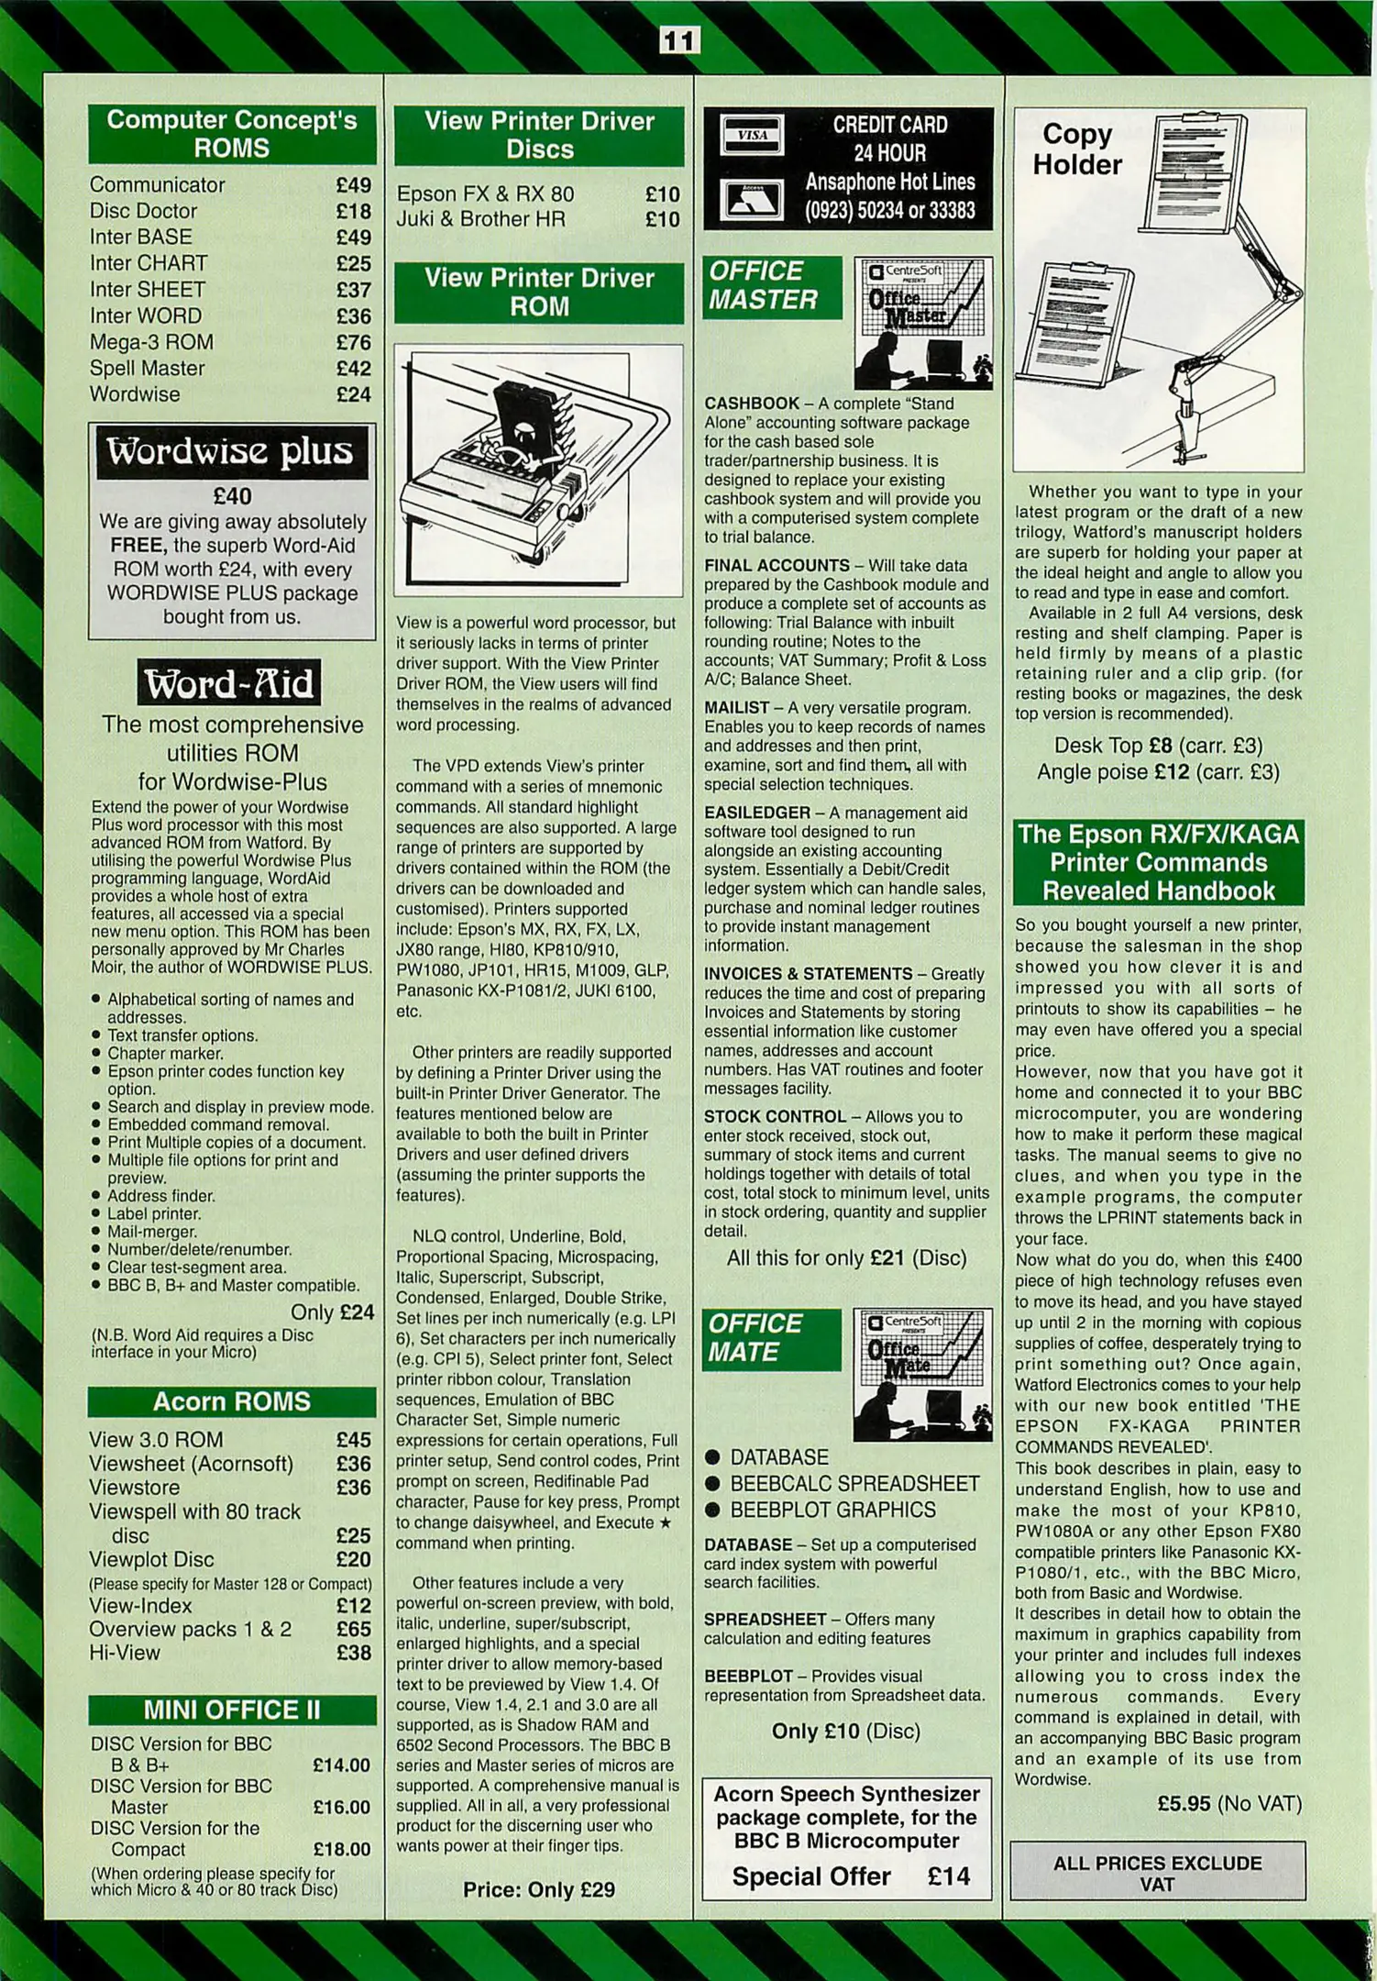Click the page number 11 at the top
[679, 41]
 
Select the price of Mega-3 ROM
[353, 343]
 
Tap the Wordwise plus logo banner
[231, 452]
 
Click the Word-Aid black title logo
[229, 683]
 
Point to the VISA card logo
[752, 136]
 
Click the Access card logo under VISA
[752, 197]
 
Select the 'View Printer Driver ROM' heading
[539, 293]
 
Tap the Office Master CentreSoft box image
[923, 323]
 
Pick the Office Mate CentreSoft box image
[923, 1375]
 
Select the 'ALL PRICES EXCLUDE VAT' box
[1158, 1874]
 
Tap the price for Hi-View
[353, 1653]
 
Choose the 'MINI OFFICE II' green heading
[232, 1710]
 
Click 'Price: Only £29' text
[539, 1889]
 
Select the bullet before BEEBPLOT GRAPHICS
[712, 1511]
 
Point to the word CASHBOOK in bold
[752, 404]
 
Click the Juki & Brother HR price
[662, 219]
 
